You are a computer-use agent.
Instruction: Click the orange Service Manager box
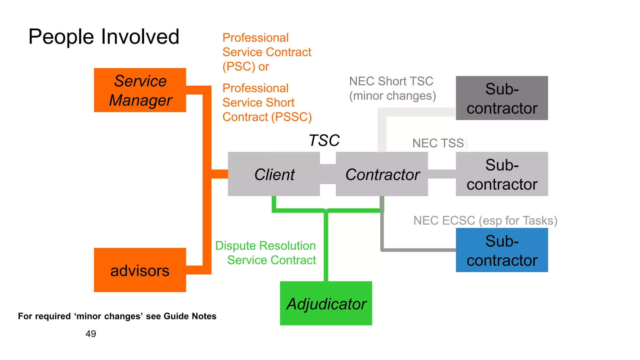click(x=140, y=90)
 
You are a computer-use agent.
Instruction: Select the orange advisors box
click(x=140, y=270)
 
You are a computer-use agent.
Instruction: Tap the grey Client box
click(x=274, y=174)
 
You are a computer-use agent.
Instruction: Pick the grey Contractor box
click(x=382, y=174)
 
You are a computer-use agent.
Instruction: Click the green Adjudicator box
click(x=326, y=303)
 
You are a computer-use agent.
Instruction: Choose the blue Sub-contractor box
click(x=502, y=250)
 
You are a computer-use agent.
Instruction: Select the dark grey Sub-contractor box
click(x=502, y=98)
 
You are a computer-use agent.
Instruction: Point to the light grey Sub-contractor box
click(x=502, y=174)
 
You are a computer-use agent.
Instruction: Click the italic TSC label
click(x=324, y=140)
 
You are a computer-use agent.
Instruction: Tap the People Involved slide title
click(x=104, y=37)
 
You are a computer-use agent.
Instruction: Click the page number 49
click(x=91, y=334)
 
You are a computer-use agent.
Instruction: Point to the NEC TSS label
click(x=438, y=143)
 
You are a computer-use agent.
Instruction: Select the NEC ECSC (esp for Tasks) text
click(x=485, y=221)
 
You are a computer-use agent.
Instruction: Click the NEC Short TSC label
click(x=391, y=82)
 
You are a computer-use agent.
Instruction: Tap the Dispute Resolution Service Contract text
click(x=266, y=253)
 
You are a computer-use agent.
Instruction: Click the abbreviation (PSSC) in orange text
click(x=291, y=117)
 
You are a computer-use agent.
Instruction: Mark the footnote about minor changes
click(x=117, y=316)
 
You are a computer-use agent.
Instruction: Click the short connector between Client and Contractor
click(x=328, y=174)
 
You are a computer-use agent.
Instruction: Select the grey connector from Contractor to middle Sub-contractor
click(x=442, y=174)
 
